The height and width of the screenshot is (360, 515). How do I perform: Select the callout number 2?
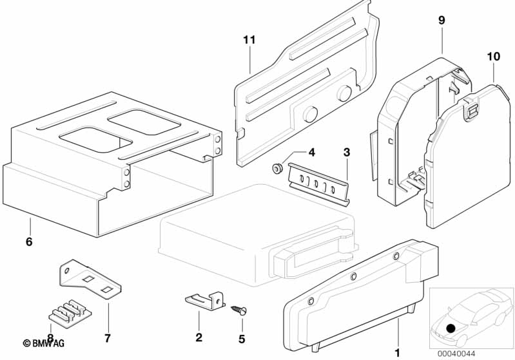[199, 337]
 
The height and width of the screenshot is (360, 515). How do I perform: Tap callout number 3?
[347, 153]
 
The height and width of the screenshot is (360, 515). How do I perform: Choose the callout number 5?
[242, 337]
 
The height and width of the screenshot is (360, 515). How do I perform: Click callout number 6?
[28, 242]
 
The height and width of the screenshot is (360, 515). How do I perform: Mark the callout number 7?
[108, 337]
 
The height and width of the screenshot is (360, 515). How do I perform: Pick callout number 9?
[442, 21]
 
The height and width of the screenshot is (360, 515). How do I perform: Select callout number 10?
[493, 57]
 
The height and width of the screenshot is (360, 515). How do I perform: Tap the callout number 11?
[249, 40]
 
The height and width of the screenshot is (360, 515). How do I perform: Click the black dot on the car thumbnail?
[451, 329]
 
